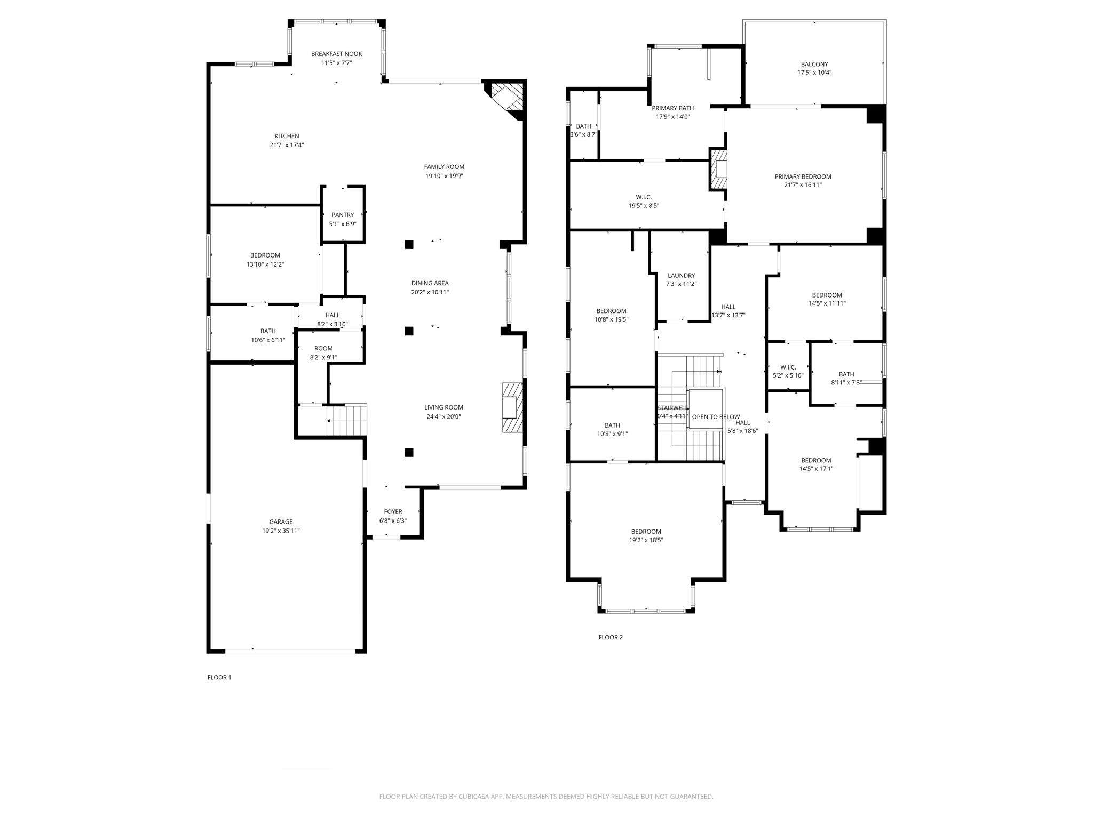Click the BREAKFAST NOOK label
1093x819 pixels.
point(336,54)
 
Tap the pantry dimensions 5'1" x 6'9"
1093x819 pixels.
point(343,224)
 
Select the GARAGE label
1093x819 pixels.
point(281,522)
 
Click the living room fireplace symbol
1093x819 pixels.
point(511,407)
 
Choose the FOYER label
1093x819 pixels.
point(393,512)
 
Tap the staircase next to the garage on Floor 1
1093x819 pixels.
point(346,420)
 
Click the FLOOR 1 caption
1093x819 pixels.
point(219,677)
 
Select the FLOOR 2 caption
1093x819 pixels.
point(611,637)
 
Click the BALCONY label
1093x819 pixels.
point(814,65)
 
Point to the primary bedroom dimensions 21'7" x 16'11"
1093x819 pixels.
point(803,185)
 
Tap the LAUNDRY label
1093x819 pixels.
point(681,276)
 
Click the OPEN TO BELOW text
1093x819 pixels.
point(716,417)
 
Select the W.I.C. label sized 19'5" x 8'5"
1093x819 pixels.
point(644,197)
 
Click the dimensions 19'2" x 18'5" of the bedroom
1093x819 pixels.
point(646,540)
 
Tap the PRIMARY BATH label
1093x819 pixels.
point(672,108)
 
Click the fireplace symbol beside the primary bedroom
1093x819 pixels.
point(718,169)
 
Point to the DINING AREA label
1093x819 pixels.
point(430,283)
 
